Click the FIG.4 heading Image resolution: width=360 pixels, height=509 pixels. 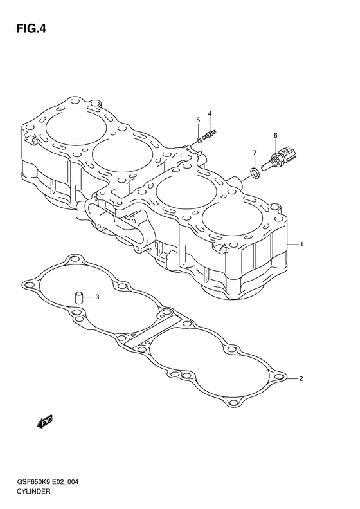point(31,29)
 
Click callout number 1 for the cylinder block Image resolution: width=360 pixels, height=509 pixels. point(301,244)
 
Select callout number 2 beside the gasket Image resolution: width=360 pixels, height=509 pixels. point(301,378)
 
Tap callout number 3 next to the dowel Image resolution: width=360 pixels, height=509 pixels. point(97,297)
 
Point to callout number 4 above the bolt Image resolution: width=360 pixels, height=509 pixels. point(210,113)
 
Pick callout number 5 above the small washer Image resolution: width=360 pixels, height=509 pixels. point(198,120)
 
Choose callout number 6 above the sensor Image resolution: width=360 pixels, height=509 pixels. point(275,135)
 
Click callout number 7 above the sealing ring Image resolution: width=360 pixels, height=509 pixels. point(255,153)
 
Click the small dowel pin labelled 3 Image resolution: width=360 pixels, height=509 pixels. point(79,298)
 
